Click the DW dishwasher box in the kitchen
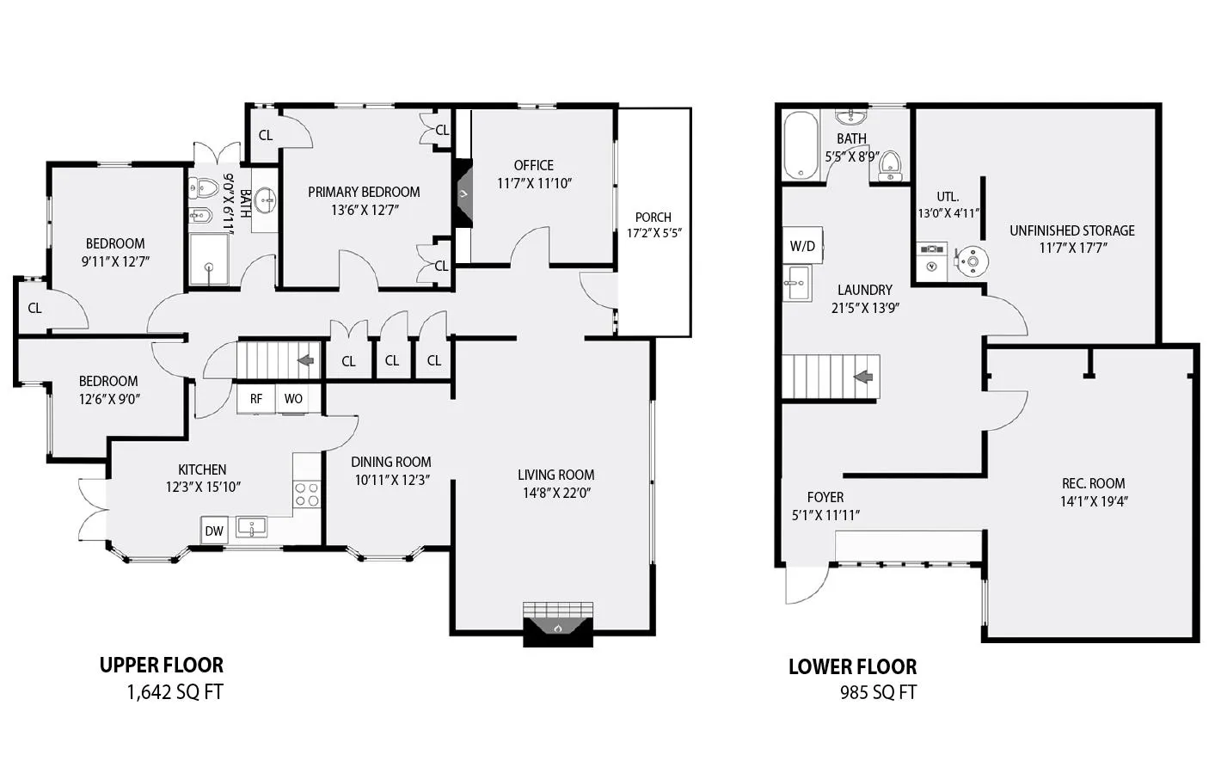(214, 531)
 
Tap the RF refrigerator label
(256, 399)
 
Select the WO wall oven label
(293, 399)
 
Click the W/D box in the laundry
(802, 246)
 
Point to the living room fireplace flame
(557, 629)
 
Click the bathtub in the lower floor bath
(801, 145)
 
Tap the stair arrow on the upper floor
(305, 360)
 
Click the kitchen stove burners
(307, 494)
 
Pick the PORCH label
(653, 218)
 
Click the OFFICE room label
(534, 165)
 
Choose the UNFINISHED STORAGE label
(1072, 230)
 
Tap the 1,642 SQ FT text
(175, 692)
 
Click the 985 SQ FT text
(878, 692)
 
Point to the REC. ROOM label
(1094, 483)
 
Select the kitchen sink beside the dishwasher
(252, 526)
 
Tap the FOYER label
(825, 497)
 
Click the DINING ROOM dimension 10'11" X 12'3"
(391, 480)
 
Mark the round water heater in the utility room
(974, 260)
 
